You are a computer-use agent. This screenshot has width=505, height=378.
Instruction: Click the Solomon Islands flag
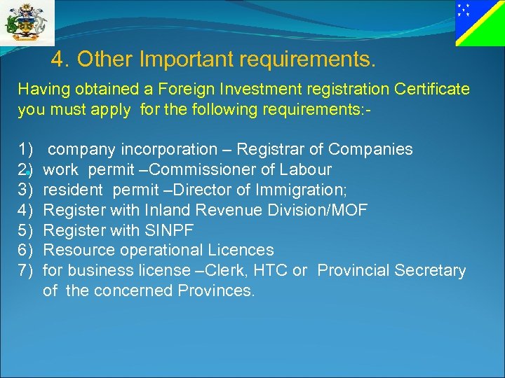click(479, 23)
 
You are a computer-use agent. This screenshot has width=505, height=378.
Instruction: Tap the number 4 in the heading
click(58, 60)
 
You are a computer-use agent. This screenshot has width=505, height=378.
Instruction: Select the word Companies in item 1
click(370, 149)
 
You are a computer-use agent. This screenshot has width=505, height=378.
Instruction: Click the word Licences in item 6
click(243, 250)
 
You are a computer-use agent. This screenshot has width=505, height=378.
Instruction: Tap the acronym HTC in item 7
click(272, 270)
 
